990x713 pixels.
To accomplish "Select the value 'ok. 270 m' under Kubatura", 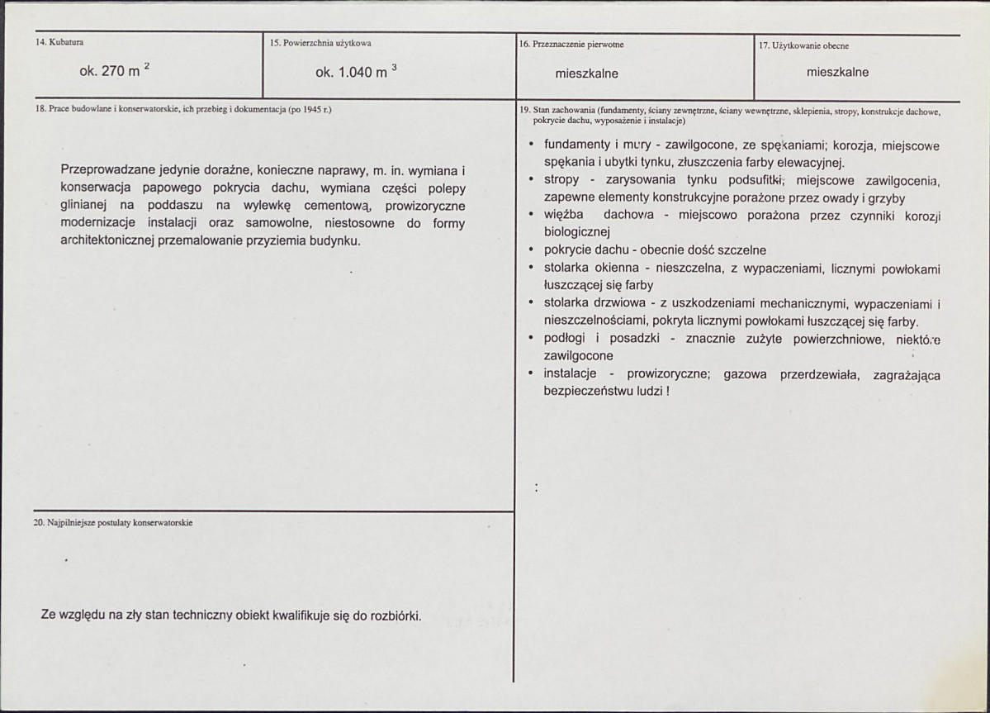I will (109, 72).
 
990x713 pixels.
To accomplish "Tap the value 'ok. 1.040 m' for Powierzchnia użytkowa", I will (351, 73).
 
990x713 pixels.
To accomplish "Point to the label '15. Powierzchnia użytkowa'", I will (320, 43).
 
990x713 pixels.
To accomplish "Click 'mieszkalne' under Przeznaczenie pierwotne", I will (586, 74).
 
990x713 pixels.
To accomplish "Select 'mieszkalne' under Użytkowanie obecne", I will (837, 72).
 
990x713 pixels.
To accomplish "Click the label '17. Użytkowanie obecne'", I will (803, 45).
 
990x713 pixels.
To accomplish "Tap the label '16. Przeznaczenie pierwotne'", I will (571, 45).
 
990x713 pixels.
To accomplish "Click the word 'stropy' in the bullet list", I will (561, 180).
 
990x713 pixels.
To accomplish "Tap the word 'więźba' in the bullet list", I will (561, 215).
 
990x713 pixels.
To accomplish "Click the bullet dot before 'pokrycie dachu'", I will (533, 250).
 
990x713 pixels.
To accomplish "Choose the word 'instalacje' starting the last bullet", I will (570, 374).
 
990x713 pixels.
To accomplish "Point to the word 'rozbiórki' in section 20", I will (395, 616).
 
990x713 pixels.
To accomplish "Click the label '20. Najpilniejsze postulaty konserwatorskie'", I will (113, 523).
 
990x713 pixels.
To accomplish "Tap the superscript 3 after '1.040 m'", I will (394, 66).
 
